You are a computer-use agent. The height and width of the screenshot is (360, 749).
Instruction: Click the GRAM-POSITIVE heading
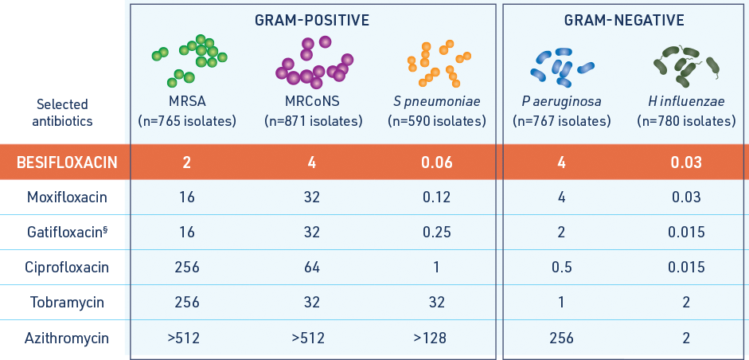tap(312, 20)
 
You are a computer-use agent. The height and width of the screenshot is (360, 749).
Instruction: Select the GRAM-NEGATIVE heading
tap(624, 20)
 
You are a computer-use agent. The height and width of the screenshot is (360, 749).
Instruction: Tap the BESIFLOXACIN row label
tap(68, 162)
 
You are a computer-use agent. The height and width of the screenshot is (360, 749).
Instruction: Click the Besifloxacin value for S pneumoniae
tap(436, 162)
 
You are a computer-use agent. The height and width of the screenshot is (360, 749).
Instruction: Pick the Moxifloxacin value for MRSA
tap(187, 197)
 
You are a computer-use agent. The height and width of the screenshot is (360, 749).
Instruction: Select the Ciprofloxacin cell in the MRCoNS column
tap(312, 267)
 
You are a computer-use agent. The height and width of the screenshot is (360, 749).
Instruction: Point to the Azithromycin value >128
tap(430, 338)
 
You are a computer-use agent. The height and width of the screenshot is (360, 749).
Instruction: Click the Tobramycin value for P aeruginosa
tap(562, 303)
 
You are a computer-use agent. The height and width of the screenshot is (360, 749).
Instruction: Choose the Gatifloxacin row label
tap(68, 232)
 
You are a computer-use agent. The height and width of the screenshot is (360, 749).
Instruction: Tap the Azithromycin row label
tap(67, 338)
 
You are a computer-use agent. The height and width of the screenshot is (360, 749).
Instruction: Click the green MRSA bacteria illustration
tap(190, 61)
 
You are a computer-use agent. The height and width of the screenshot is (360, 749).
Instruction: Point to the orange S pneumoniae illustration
tap(438, 64)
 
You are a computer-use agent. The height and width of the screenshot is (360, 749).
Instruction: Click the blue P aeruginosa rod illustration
tap(562, 64)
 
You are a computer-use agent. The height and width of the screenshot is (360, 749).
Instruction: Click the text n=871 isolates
tap(314, 122)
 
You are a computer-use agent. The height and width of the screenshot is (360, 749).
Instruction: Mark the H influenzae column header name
tap(686, 101)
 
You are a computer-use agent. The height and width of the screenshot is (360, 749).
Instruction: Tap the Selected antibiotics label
tap(62, 113)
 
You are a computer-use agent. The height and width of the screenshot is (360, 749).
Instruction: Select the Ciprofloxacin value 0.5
tap(562, 267)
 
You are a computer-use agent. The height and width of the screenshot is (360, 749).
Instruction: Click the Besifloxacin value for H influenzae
tap(686, 162)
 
